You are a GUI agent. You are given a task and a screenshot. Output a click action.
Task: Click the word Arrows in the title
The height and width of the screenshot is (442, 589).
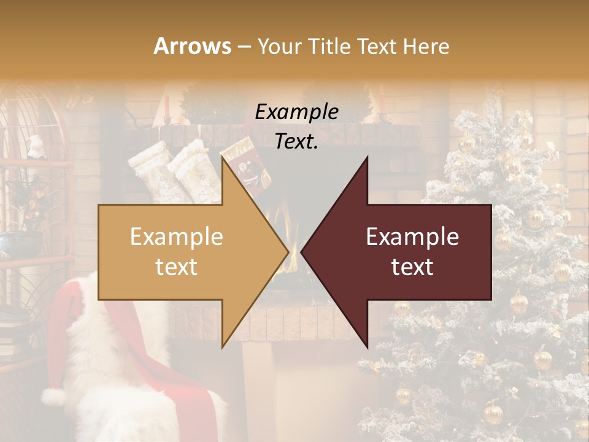coord(193,46)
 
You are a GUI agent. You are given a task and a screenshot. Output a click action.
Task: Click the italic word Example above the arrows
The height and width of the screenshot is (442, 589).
coord(296,112)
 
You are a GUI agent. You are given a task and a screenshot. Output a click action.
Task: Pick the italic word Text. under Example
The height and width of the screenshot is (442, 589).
coord(296,142)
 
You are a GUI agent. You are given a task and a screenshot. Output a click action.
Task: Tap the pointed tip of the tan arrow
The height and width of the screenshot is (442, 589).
coord(287,252)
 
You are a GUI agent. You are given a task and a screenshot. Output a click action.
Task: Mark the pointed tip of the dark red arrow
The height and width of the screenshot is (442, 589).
coord(302,252)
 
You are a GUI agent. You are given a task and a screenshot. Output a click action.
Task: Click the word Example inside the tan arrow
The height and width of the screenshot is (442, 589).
coord(177,237)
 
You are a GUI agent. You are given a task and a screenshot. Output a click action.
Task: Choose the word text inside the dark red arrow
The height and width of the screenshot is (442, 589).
coord(412,267)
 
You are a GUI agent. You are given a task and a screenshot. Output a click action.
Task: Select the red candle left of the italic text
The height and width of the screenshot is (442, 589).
coord(166,106)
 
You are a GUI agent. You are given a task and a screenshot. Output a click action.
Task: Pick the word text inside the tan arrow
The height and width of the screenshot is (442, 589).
coord(177,267)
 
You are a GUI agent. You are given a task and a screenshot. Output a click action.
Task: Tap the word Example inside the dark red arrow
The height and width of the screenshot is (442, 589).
coord(412,237)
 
